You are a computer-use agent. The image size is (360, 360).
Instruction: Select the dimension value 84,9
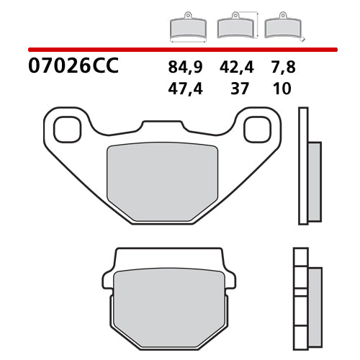(185, 68)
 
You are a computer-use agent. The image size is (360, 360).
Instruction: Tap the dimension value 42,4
(234, 68)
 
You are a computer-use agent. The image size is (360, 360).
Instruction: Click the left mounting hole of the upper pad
(67, 130)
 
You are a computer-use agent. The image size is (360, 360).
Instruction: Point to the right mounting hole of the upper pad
(256, 130)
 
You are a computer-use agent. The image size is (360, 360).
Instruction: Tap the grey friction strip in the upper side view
(315, 181)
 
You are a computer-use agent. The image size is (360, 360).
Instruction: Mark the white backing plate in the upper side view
(303, 166)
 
